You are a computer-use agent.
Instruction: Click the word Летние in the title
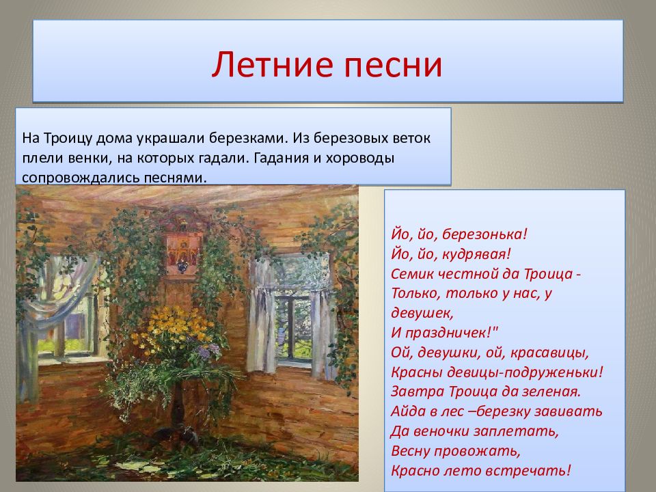pyautogui.click(x=272, y=65)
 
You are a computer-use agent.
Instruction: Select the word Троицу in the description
pyautogui.click(x=68, y=139)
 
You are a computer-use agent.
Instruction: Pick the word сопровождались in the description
pyautogui.click(x=81, y=178)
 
